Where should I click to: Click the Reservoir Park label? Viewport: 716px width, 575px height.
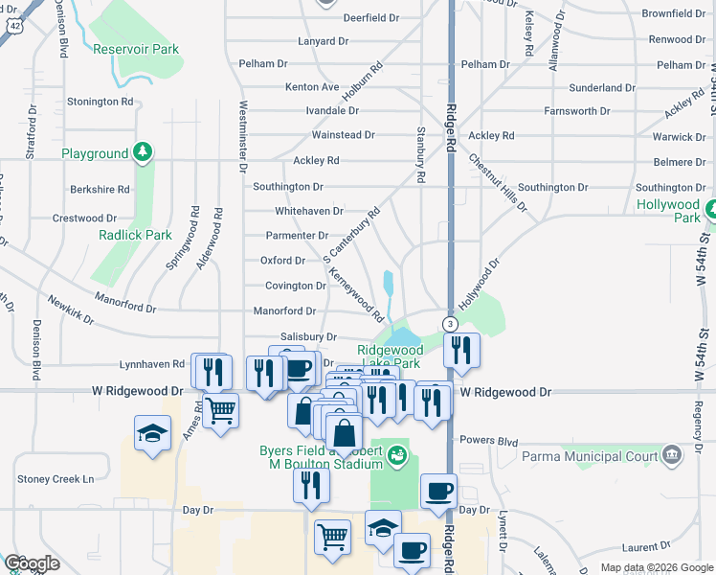(x=136, y=49)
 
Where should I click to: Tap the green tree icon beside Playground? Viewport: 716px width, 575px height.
(x=142, y=152)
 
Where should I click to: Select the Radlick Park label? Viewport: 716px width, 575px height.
(x=135, y=235)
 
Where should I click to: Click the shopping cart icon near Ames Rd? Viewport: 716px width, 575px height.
(x=220, y=410)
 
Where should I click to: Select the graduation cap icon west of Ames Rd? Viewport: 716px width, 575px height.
(x=152, y=434)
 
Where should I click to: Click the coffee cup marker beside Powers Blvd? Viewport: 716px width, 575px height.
(x=439, y=491)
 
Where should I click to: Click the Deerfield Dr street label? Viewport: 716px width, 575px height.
(x=370, y=18)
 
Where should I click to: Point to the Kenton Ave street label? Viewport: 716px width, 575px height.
(x=312, y=87)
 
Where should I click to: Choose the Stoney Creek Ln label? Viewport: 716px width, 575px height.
(x=56, y=479)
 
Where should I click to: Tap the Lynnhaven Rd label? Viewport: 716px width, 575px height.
(x=151, y=365)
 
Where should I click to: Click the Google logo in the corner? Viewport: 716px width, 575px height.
(x=32, y=563)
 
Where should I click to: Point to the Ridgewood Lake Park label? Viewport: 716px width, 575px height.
(x=389, y=357)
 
